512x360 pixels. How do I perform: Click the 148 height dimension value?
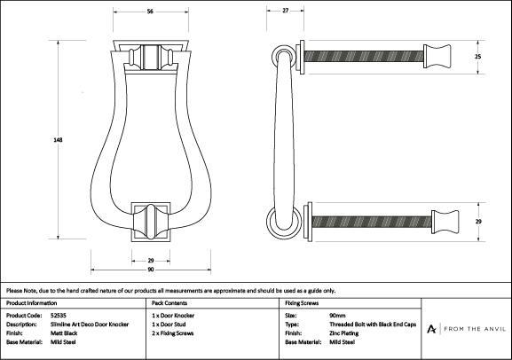[58, 140]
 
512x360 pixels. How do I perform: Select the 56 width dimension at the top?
[150, 12]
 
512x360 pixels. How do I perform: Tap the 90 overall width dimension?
[151, 270]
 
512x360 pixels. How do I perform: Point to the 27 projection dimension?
[286, 11]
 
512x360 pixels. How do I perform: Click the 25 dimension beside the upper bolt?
[477, 57]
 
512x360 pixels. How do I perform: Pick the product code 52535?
[59, 316]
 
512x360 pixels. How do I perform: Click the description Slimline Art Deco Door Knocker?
[90, 325]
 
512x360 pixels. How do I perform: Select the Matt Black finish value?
[64, 333]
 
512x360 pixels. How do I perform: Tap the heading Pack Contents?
[169, 303]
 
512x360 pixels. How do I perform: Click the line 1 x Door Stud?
[169, 325]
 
